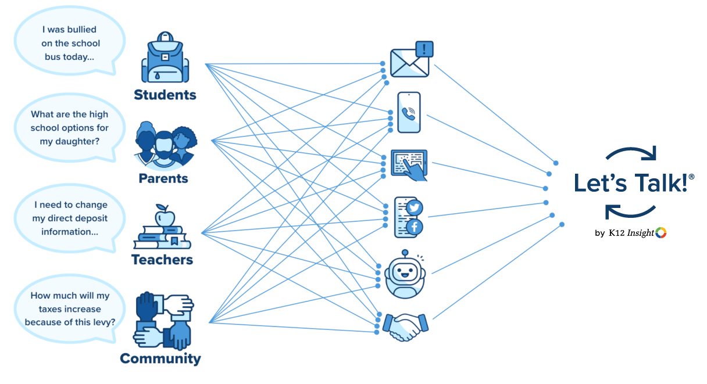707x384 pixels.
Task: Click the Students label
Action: (x=165, y=95)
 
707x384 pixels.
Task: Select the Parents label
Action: (x=163, y=178)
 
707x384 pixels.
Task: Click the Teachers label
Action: (x=162, y=260)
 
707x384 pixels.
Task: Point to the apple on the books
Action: (x=163, y=216)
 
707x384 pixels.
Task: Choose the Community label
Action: (x=160, y=358)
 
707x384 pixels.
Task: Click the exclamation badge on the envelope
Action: (x=426, y=49)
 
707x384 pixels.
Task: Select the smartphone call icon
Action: (x=409, y=113)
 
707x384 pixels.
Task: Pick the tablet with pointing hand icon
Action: (x=409, y=164)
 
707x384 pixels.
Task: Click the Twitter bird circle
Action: (x=415, y=207)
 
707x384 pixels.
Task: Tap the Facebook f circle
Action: (x=415, y=228)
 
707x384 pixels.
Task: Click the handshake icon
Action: (x=405, y=326)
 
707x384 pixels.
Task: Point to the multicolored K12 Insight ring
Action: (x=661, y=233)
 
